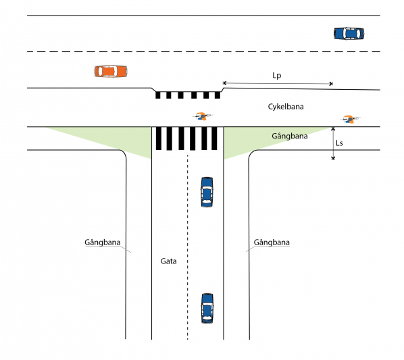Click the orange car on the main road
coord(111,72)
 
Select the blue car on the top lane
coord(349,34)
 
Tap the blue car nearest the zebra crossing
coord(207,192)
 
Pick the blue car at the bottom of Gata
coord(207,308)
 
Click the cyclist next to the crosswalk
coord(203,116)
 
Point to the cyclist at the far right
coord(350,120)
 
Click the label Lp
coord(277,76)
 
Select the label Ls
coord(339,143)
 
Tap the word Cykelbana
coord(286,107)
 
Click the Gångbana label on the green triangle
coord(290,136)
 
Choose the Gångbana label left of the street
coord(103,242)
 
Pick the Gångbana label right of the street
coord(272,242)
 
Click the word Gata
coord(168,261)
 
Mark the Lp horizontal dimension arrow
coord(278,84)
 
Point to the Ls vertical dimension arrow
coord(333,143)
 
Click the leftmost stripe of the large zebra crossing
coord(159,138)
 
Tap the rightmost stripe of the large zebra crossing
coord(214,138)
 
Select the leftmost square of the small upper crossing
coord(157,95)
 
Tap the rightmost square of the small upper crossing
coord(218,95)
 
